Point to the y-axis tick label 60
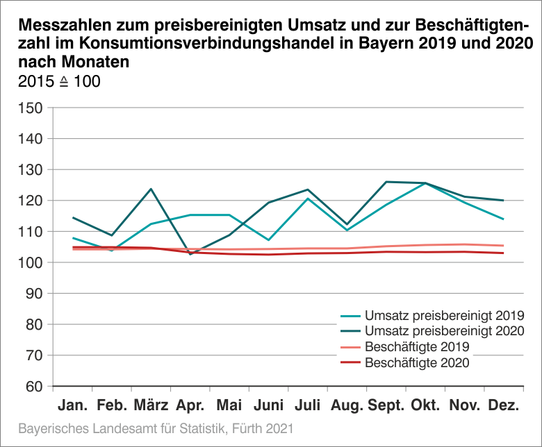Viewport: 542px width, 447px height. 33,387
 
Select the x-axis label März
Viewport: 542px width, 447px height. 151,405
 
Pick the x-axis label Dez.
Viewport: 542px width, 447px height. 503,405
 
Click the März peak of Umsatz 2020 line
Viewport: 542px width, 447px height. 151,189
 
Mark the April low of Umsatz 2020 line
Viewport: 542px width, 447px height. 190,254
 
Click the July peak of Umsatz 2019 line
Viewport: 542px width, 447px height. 307,199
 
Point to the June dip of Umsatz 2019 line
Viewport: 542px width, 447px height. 268,240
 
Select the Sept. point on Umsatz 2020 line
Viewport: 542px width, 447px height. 386,182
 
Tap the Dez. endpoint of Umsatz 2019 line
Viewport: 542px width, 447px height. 503,219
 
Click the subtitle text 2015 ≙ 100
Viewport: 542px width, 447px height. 58,81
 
